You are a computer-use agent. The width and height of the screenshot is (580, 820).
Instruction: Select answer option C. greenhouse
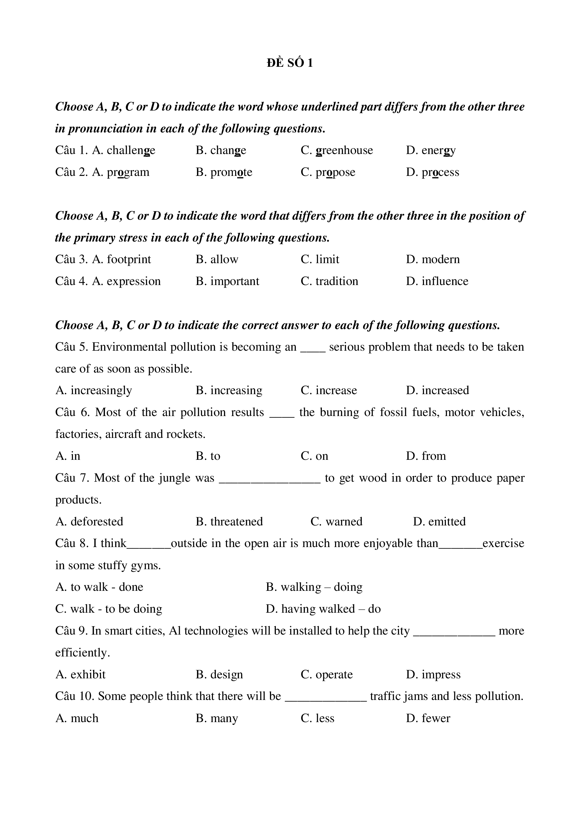337,150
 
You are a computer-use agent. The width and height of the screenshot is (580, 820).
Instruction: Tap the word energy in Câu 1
438,150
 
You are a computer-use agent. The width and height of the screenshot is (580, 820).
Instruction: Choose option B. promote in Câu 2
224,172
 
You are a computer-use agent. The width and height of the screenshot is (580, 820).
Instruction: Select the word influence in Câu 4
445,281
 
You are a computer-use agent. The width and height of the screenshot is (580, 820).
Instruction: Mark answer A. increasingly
93,390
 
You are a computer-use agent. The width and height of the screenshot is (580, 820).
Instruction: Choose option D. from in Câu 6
426,456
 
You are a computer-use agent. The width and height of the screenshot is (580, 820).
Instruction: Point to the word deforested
97,522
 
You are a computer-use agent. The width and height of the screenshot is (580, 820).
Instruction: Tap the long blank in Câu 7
270,479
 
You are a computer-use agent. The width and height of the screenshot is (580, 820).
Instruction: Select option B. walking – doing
314,587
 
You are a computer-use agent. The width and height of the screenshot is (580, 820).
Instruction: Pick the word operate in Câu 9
334,674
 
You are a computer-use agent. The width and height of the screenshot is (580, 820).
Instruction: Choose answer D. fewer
428,718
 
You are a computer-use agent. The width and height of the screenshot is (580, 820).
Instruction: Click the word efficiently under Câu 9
82,653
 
